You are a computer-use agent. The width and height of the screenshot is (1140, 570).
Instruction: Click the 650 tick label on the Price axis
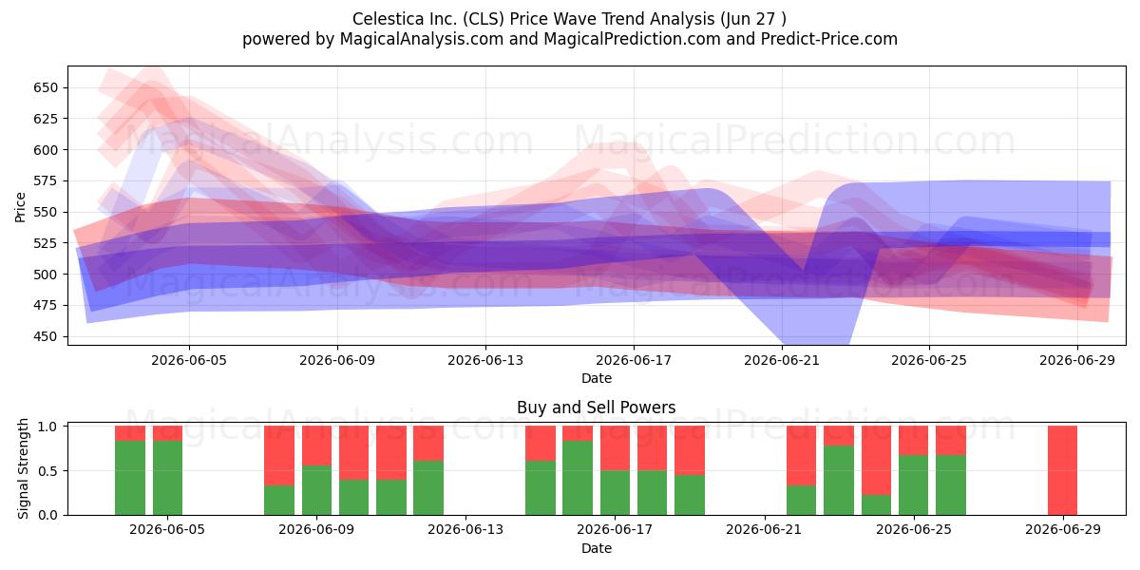46,88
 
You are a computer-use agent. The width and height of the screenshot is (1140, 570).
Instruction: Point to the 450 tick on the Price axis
46,337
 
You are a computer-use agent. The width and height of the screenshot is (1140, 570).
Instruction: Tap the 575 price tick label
46,181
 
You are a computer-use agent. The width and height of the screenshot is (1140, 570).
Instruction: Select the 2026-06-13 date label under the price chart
485,360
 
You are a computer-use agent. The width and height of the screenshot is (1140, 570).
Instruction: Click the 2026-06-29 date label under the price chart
1077,360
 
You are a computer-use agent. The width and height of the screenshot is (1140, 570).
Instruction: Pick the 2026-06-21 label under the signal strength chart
764,530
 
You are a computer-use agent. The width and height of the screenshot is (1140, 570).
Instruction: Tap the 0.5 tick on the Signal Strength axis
47,471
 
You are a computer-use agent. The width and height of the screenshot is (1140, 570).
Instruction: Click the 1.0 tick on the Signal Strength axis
47,427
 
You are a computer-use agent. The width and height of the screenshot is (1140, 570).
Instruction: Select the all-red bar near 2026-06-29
1063,470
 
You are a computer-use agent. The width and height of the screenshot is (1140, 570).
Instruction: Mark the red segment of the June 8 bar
279,455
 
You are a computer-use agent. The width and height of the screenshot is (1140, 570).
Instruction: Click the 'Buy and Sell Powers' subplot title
597,408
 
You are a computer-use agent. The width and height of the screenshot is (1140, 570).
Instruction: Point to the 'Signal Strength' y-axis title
23,468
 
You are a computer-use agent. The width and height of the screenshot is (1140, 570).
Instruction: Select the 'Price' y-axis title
20,207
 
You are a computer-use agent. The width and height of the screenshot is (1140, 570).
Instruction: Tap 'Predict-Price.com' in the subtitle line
829,39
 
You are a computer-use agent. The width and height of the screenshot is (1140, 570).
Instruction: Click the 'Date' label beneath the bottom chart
597,548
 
